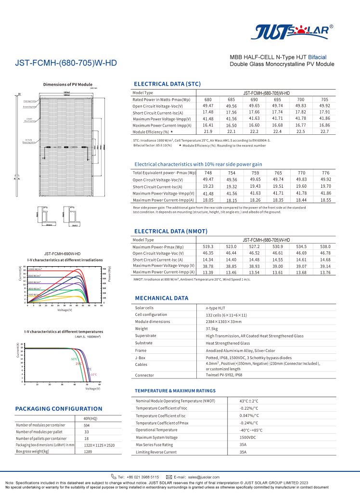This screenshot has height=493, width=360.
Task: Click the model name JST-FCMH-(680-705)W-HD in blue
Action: (x=66, y=63)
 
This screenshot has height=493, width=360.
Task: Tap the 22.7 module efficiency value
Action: (x=324, y=131)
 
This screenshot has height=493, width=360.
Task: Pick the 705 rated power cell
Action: (x=324, y=99)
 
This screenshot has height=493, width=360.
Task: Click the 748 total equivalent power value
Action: (x=208, y=172)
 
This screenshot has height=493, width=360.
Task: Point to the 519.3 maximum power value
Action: (x=208, y=246)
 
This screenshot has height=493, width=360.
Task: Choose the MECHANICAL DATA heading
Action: (x=162, y=298)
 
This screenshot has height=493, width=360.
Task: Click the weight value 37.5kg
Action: (x=212, y=328)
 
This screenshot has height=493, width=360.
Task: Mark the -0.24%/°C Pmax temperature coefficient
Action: (x=249, y=423)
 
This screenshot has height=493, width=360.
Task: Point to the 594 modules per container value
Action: (x=87, y=425)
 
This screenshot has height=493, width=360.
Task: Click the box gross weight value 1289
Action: (x=87, y=452)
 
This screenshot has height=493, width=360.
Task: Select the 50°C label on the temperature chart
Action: (x=74, y=359)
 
